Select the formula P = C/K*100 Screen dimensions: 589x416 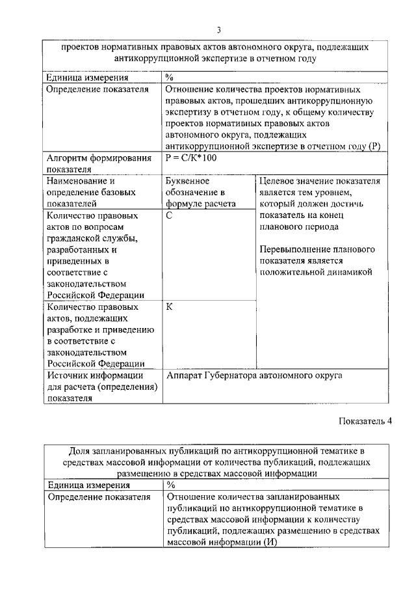190,158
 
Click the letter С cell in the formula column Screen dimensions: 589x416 169,215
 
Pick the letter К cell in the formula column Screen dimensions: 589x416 169,306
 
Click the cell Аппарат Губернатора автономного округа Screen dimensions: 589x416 254,376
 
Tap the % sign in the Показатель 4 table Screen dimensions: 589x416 170,485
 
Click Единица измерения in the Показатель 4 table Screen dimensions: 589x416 88,485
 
